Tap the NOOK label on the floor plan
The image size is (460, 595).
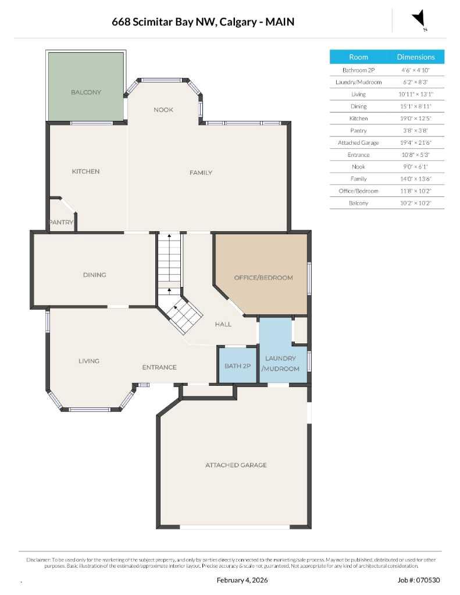coord(163,110)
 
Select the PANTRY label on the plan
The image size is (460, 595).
coord(61,222)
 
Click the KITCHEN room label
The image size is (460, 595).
coord(85,171)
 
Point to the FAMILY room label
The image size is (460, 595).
coord(201,173)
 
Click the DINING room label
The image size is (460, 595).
coord(94,275)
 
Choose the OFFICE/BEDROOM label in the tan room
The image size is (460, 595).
coord(263,278)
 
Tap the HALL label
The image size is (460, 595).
coord(223,324)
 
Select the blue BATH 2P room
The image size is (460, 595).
coord(237,365)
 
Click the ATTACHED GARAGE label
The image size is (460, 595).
coord(236,465)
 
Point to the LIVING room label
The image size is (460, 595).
coord(89,361)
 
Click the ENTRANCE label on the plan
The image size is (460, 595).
coord(159,367)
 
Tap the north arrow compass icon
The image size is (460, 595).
coord(419,20)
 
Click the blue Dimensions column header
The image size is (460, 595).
coord(415,57)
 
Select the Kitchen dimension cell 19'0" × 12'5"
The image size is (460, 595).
coord(415,118)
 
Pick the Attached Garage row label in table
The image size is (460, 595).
coord(358,142)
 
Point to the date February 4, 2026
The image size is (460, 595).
coord(242,580)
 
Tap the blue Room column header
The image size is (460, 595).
coord(358,57)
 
